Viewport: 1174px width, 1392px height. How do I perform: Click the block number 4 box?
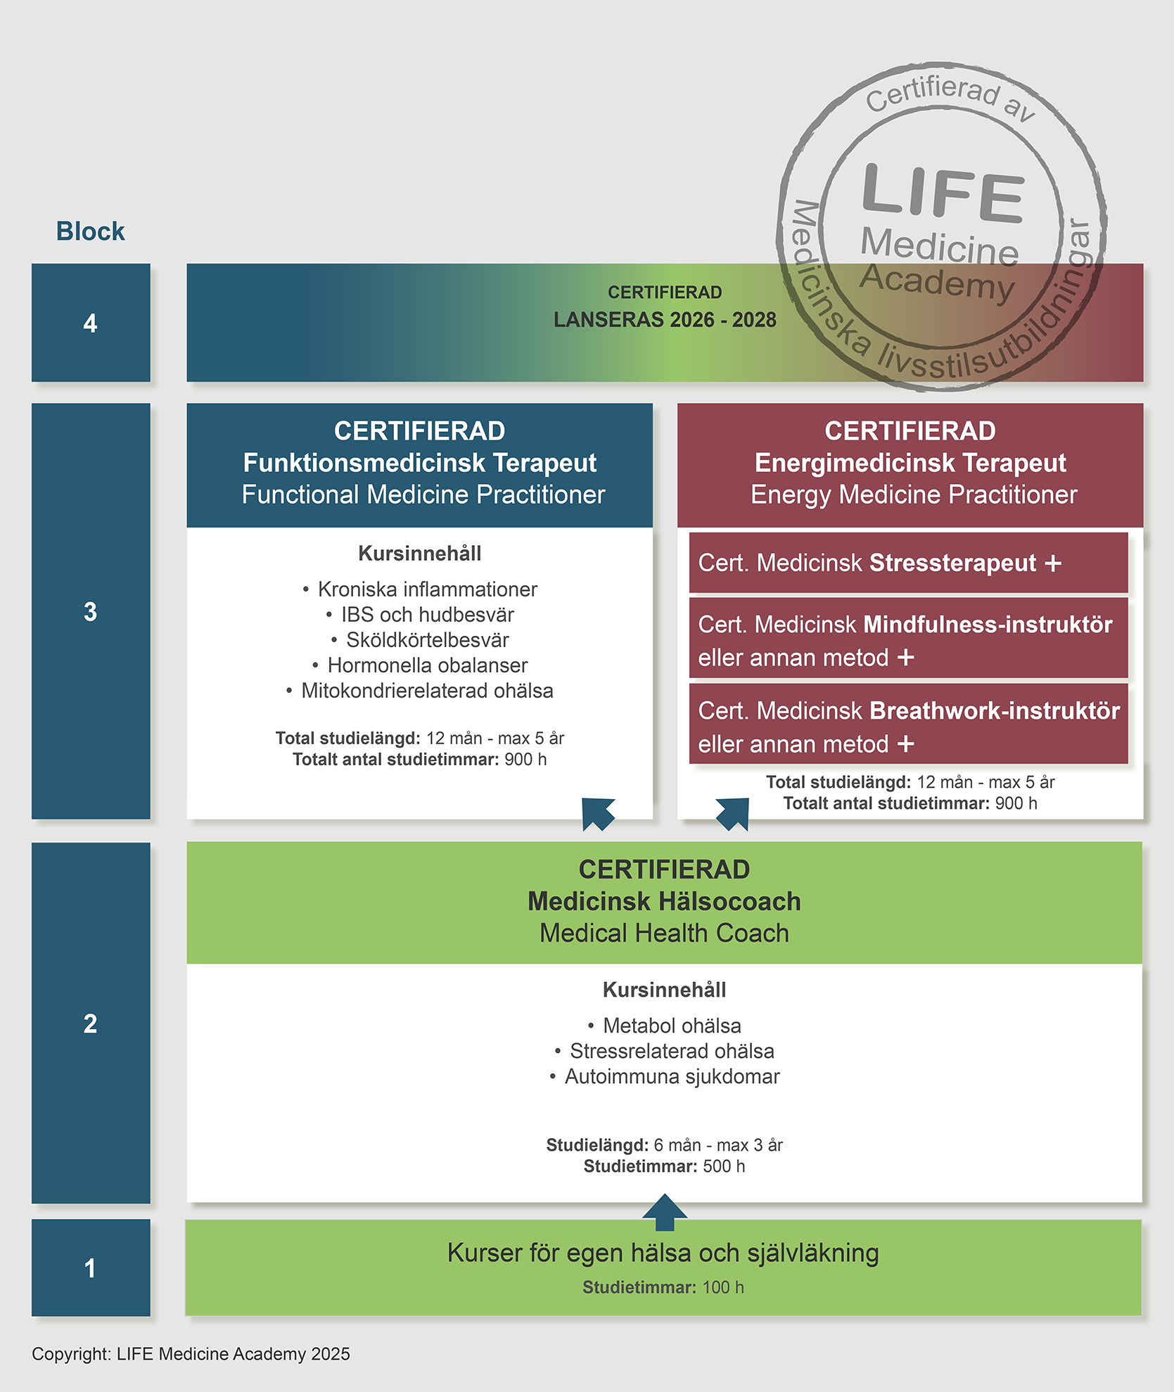tap(91, 323)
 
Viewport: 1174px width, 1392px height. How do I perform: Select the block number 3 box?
tap(91, 611)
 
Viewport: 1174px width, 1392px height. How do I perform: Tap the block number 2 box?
tap(91, 1023)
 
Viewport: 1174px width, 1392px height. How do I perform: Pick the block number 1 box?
tap(91, 1268)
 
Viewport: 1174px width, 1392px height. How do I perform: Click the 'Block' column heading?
tap(90, 231)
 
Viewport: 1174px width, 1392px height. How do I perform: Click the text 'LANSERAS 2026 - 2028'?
tap(665, 320)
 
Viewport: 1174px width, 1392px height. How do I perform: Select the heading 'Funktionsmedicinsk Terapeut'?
tap(419, 463)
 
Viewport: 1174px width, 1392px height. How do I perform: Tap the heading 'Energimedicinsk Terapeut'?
tap(910, 463)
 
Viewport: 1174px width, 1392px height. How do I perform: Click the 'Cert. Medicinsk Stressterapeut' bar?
tap(907, 563)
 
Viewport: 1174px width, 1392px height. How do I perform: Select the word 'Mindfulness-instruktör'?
tap(988, 625)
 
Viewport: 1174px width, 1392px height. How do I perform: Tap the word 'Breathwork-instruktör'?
tap(995, 710)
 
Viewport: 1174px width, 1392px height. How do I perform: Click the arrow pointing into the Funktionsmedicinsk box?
tap(598, 814)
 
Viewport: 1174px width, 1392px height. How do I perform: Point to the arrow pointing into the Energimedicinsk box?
tap(733, 814)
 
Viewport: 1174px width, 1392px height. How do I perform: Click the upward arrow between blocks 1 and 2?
tap(665, 1211)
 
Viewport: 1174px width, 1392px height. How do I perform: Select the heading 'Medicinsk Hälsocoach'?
tap(664, 901)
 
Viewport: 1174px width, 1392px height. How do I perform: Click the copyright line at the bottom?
tap(191, 1354)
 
